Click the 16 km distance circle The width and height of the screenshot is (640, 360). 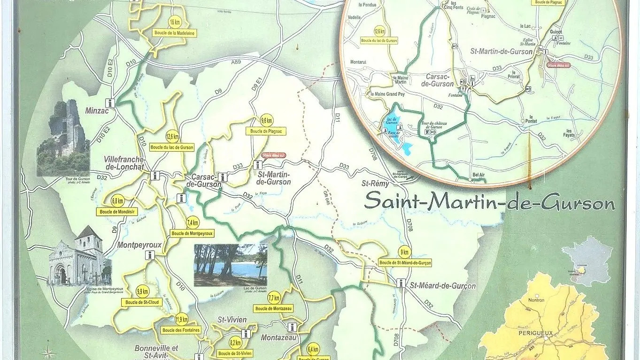175,22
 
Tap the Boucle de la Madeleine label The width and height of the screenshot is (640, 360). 174,33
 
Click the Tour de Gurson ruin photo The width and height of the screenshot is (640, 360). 63,138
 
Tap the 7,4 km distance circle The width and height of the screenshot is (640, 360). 193,222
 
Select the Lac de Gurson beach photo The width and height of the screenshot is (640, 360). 231,265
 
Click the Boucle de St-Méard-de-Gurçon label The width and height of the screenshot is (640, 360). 405,262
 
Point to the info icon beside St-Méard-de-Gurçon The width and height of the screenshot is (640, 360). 401,283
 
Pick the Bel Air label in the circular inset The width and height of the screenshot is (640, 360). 478,175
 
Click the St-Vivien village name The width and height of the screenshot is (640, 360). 232,320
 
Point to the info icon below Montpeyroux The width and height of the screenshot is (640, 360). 150,255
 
